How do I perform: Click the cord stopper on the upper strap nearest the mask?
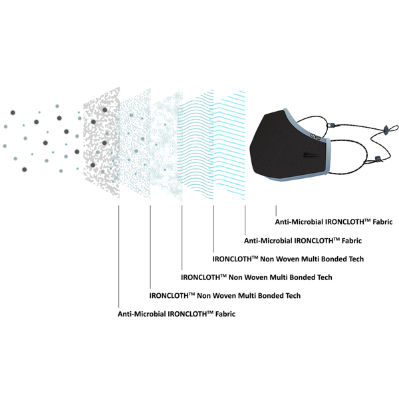(332, 124)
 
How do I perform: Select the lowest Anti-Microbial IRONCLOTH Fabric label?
(176, 313)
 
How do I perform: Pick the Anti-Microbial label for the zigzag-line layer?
(302, 240)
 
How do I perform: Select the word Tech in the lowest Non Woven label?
(293, 295)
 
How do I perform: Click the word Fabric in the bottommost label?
(224, 313)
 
